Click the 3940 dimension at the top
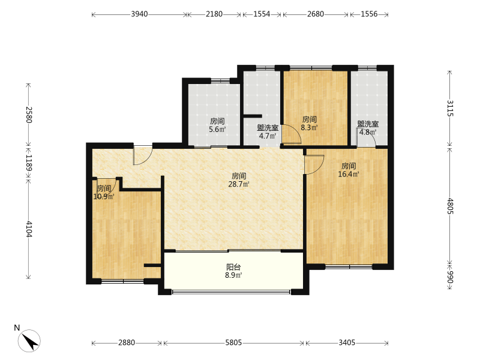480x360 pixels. pyautogui.click(x=139, y=14)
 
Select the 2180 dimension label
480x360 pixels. pyautogui.click(x=214, y=14)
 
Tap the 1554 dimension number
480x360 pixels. pyautogui.click(x=262, y=14)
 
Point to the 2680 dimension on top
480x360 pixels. pyautogui.click(x=316, y=14)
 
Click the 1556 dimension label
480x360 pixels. pyautogui.click(x=369, y=14)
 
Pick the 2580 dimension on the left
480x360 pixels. pyautogui.click(x=28, y=115)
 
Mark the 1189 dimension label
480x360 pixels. pyautogui.click(x=28, y=163)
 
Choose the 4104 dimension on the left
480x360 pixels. pyautogui.click(x=28, y=229)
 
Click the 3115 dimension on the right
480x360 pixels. pyautogui.click(x=449, y=109)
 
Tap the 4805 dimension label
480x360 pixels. pyautogui.click(x=449, y=206)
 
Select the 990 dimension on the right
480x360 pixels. pyautogui.click(x=449, y=277)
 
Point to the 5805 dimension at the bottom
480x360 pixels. pyautogui.click(x=233, y=343)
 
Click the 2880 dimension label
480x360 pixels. pyautogui.click(x=127, y=343)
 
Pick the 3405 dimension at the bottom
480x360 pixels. pyautogui.click(x=347, y=343)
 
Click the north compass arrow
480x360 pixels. pyautogui.click(x=29, y=341)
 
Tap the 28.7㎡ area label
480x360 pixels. pyautogui.click(x=239, y=184)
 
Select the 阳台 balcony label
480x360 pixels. pyautogui.click(x=233, y=267)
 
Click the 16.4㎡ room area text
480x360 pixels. pyautogui.click(x=349, y=174)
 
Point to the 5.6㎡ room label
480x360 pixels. pyautogui.click(x=217, y=130)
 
